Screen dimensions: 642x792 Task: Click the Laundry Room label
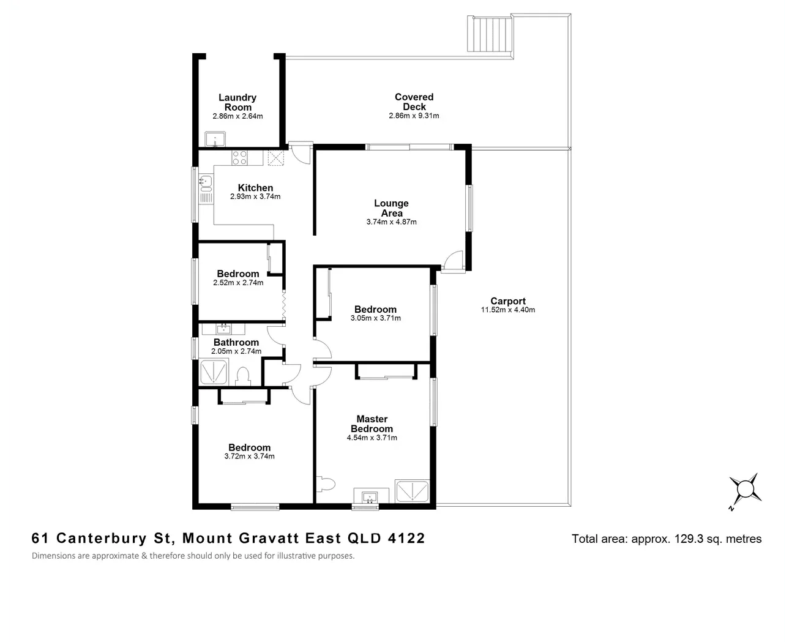tap(237, 102)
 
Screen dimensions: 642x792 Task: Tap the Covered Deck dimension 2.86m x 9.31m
tap(414, 116)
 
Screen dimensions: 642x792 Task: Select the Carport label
tap(508, 301)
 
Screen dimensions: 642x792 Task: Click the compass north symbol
tap(745, 490)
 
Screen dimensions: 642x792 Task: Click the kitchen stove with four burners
tap(239, 158)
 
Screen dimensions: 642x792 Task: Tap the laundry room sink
tap(214, 140)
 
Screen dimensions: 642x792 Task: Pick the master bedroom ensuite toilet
tap(326, 484)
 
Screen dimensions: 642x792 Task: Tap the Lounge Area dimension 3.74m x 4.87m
tap(392, 222)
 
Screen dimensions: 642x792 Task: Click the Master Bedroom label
tap(372, 424)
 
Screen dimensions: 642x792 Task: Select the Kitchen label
tap(255, 188)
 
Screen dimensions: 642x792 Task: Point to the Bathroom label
tap(236, 342)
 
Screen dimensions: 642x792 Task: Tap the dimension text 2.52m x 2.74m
tap(238, 283)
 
